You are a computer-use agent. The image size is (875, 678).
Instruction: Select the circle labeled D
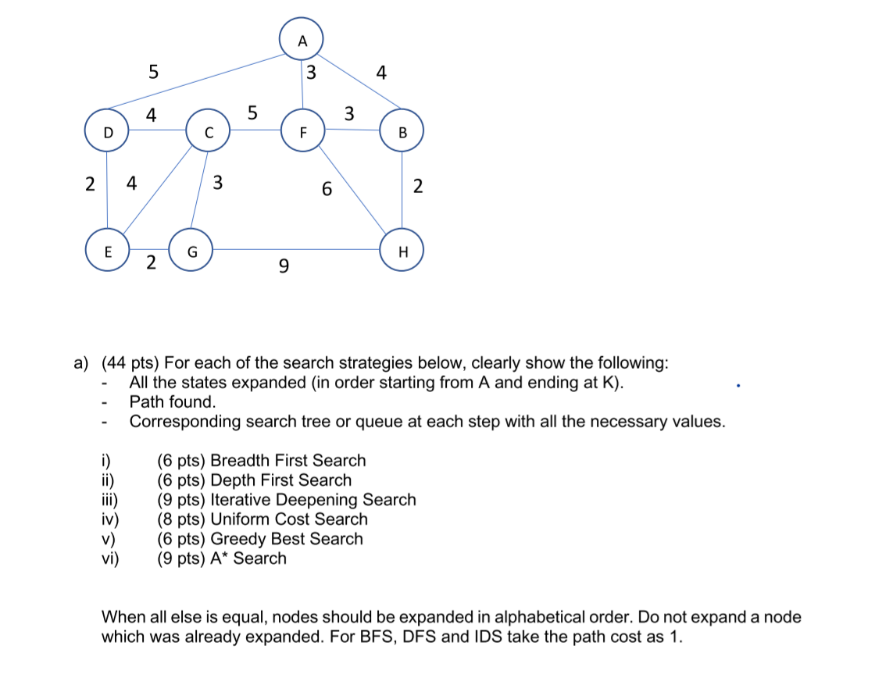[109, 131]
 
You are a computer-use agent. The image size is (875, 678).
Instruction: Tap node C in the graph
[208, 131]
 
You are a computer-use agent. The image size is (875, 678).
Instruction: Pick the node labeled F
[303, 131]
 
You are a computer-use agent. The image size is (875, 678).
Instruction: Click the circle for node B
[402, 131]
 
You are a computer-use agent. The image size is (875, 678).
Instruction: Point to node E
[107, 250]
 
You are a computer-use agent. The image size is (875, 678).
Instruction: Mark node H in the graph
[402, 250]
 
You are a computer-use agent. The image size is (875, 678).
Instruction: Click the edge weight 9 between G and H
[283, 269]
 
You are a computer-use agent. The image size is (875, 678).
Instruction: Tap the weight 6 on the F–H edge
[327, 188]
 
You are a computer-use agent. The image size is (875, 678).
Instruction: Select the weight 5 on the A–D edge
[153, 73]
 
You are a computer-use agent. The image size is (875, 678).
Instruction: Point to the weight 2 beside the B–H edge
[418, 186]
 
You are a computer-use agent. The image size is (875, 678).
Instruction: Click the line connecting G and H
[297, 250]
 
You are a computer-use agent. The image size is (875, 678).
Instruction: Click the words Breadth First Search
[288, 460]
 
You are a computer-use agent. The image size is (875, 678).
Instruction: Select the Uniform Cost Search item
[289, 519]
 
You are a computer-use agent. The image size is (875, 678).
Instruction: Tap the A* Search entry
[248, 558]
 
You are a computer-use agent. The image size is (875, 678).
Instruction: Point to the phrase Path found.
[173, 402]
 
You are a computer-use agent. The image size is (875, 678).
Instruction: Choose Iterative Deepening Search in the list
[313, 499]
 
